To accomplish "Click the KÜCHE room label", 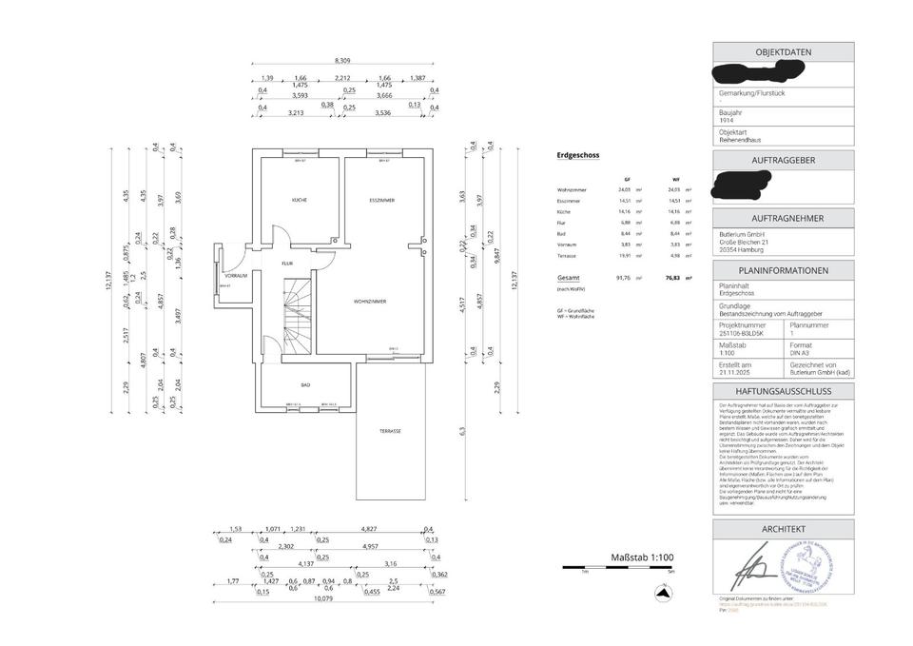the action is [x=299, y=200].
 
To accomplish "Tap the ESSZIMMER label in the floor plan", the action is [x=382, y=200].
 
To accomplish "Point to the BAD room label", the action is [x=305, y=384].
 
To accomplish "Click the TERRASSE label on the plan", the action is [x=390, y=431].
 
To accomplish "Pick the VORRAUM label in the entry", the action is [x=236, y=275].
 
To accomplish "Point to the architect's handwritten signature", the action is [x=758, y=569].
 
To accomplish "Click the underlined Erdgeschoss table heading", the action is [x=577, y=154].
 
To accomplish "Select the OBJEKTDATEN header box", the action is [x=784, y=52].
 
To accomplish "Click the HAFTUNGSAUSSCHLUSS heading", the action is [x=784, y=391].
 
